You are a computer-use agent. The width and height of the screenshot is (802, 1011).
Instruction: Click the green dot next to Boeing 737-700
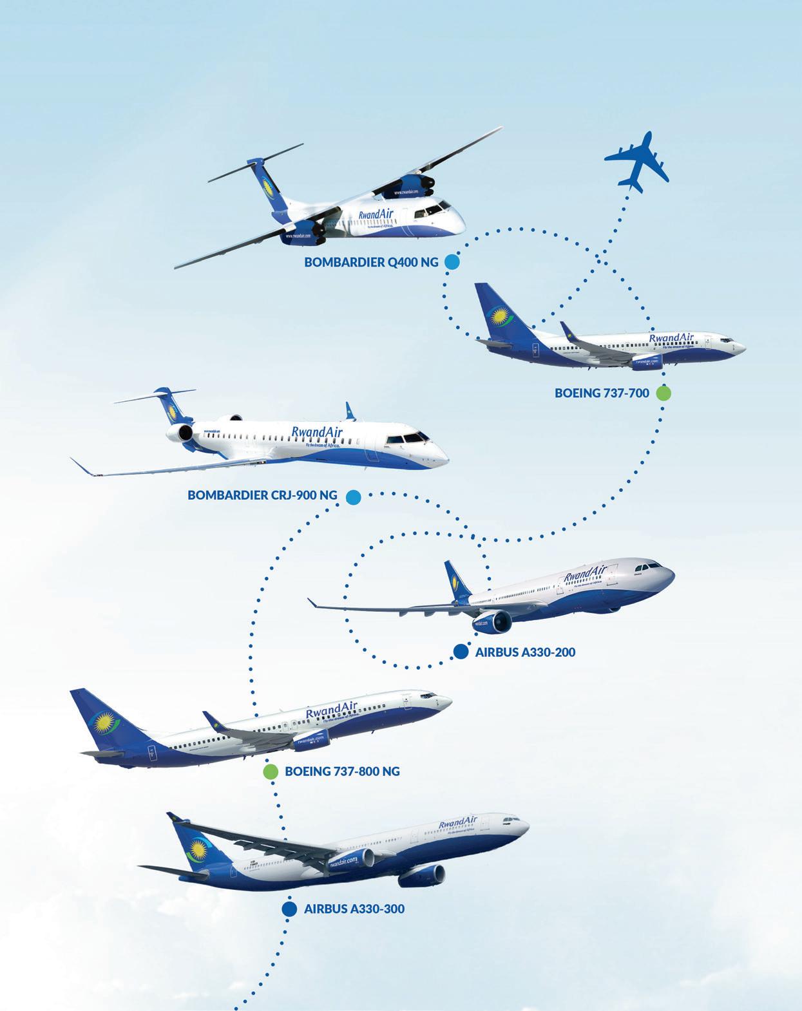663,393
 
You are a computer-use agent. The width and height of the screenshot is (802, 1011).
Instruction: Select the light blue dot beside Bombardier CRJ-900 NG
352,496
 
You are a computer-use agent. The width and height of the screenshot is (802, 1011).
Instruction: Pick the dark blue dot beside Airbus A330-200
460,652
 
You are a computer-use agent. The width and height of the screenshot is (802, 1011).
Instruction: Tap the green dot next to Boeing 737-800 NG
271,771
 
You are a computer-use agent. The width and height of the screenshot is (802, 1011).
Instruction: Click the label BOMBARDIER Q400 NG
371,263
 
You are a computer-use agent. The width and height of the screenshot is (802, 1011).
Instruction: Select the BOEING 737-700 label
602,393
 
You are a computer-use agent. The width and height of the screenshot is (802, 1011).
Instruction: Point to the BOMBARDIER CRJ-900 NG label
262,496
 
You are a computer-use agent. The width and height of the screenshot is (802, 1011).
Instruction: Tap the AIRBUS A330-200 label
525,652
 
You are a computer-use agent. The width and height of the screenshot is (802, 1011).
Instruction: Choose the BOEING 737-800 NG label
342,771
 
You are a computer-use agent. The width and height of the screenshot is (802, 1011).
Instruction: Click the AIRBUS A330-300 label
354,909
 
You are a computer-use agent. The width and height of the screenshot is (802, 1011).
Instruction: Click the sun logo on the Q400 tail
267,188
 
